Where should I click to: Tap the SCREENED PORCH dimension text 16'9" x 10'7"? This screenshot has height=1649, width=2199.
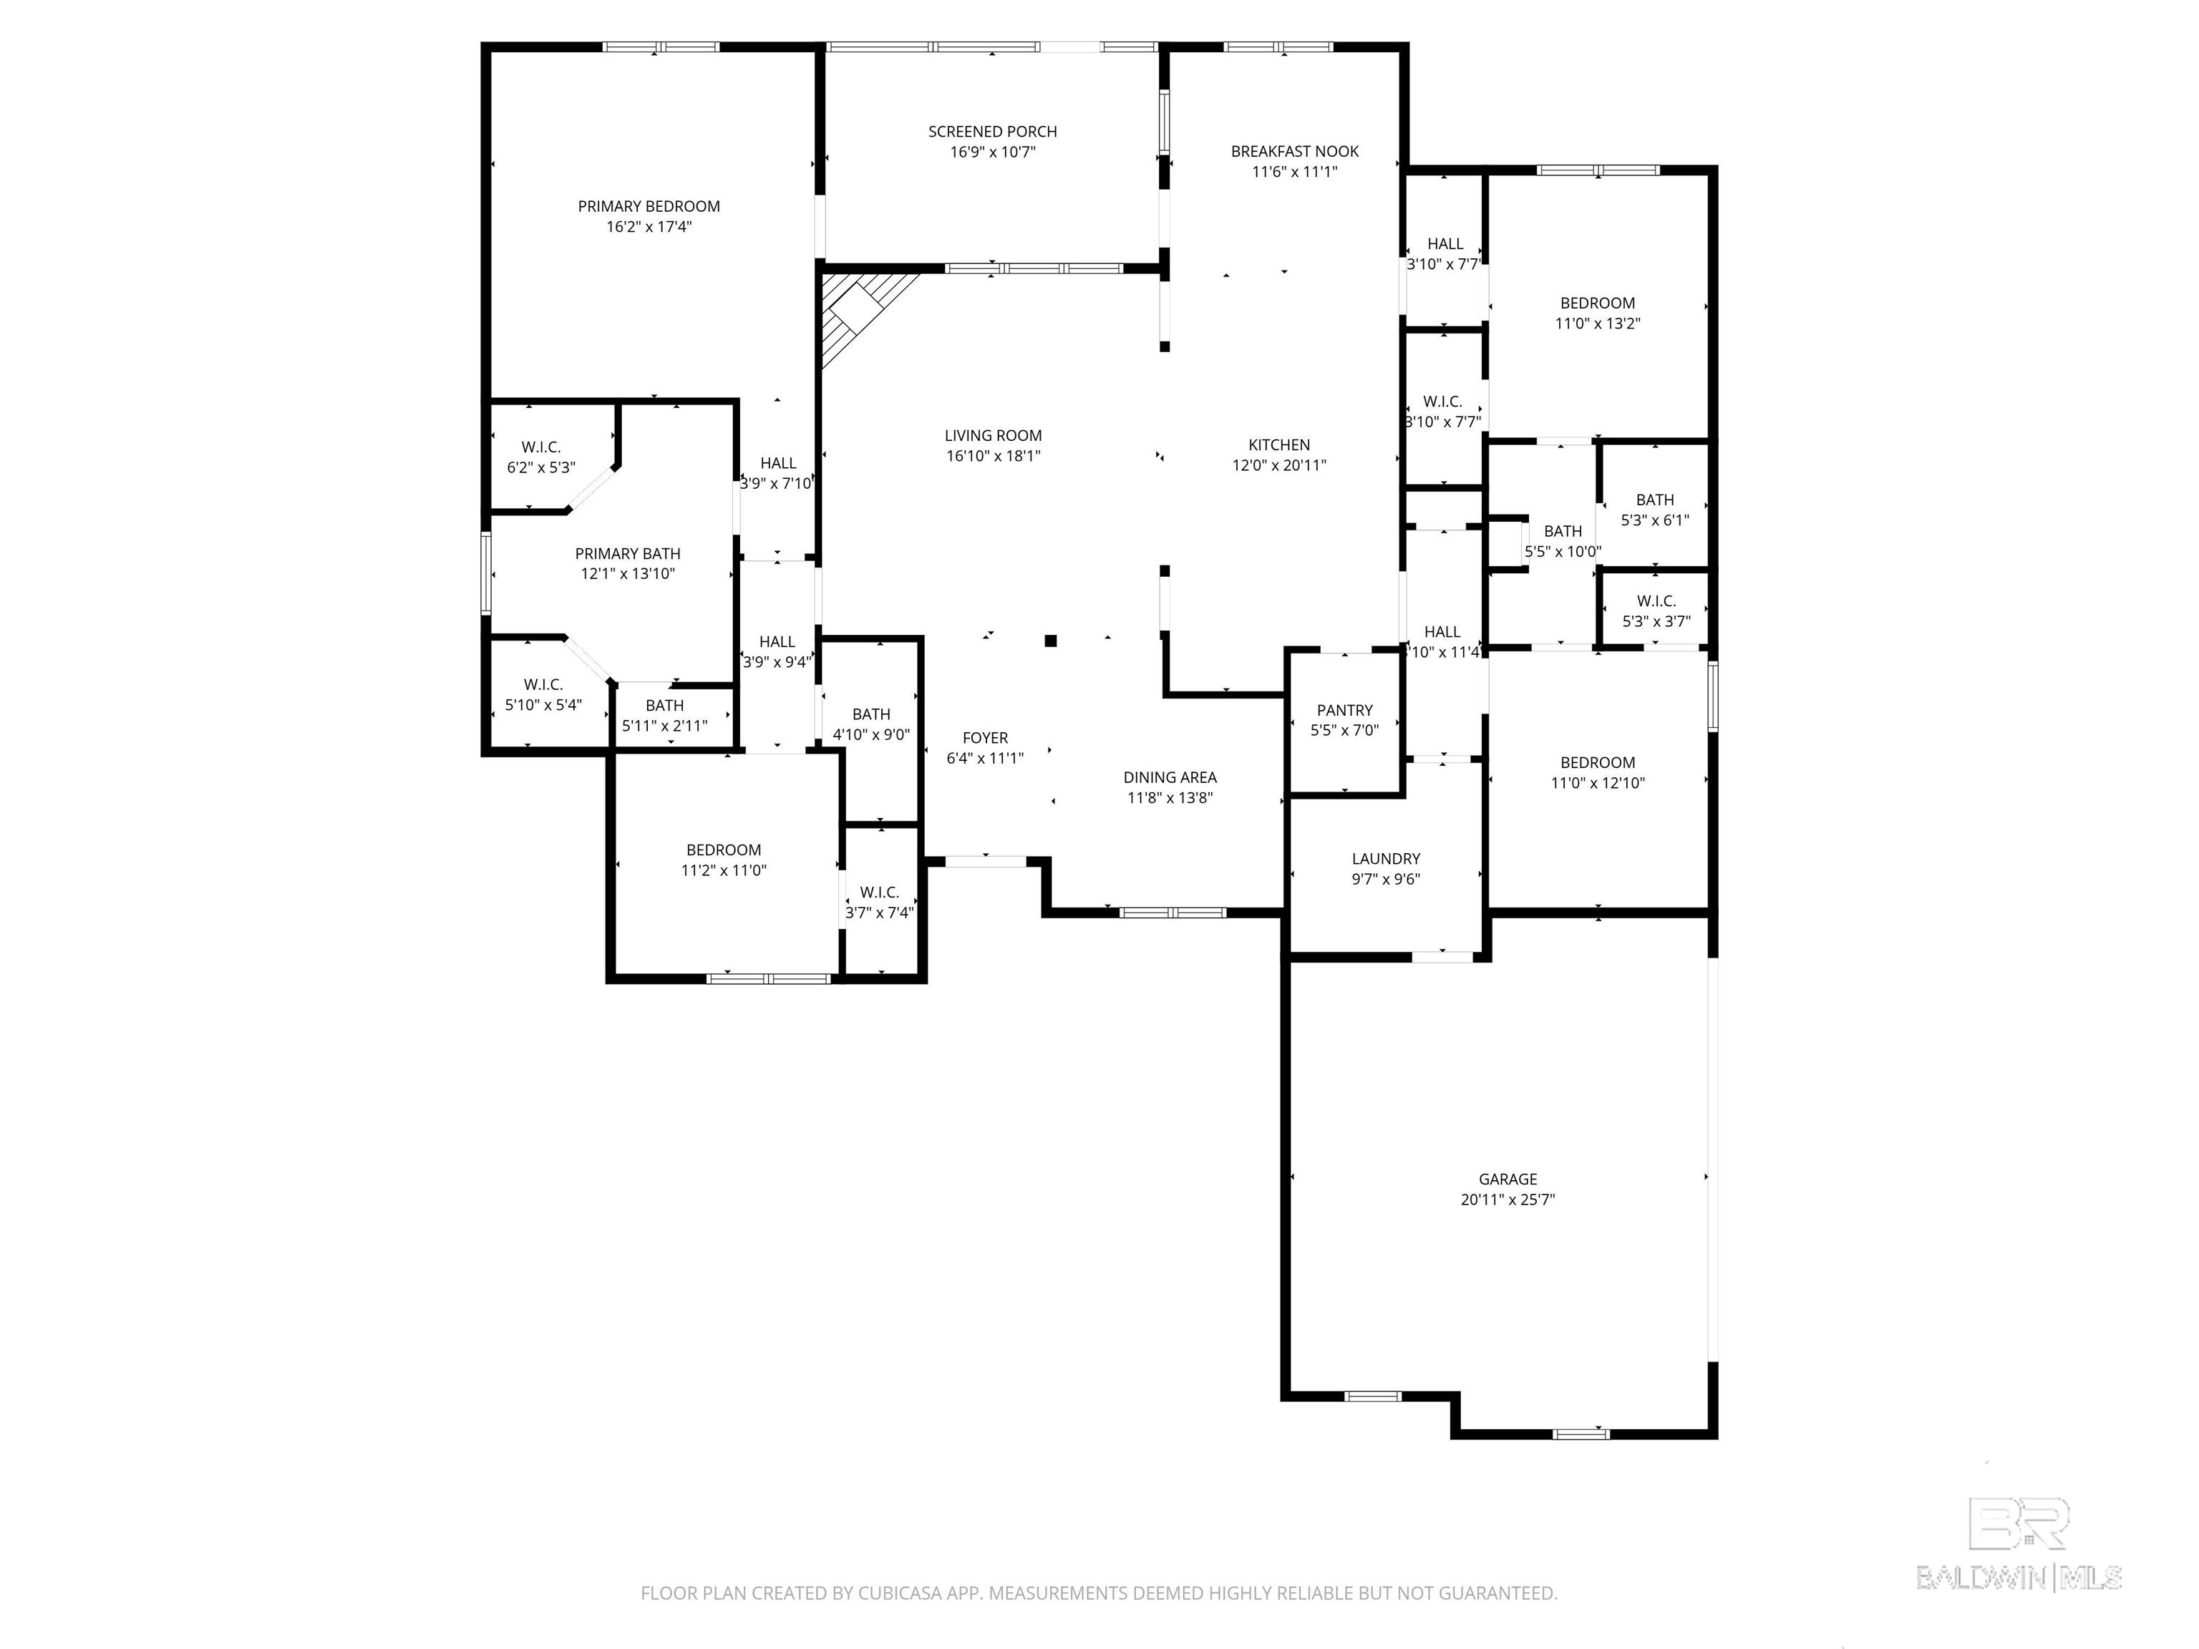[x=992, y=152]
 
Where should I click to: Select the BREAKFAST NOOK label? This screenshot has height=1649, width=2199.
[x=1293, y=151]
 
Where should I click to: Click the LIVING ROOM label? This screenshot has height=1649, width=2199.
[x=992, y=435]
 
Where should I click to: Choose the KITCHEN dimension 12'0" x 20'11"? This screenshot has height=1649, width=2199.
[x=1278, y=465]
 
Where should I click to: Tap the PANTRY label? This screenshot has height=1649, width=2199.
[x=1344, y=710]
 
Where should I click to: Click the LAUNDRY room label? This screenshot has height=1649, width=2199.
[x=1385, y=858]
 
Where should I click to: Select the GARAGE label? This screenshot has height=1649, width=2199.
[x=1506, y=1179]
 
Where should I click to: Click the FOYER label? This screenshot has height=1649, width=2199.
[x=984, y=737]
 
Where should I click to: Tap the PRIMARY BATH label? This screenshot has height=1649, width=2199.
[x=627, y=554]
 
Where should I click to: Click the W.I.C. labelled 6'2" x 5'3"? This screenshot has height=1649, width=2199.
[x=541, y=457]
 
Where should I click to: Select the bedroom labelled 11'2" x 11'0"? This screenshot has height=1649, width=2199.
[x=723, y=860]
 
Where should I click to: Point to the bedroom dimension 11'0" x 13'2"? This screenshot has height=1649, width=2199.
[x=1596, y=323]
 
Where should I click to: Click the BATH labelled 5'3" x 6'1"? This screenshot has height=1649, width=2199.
[x=1654, y=509]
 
